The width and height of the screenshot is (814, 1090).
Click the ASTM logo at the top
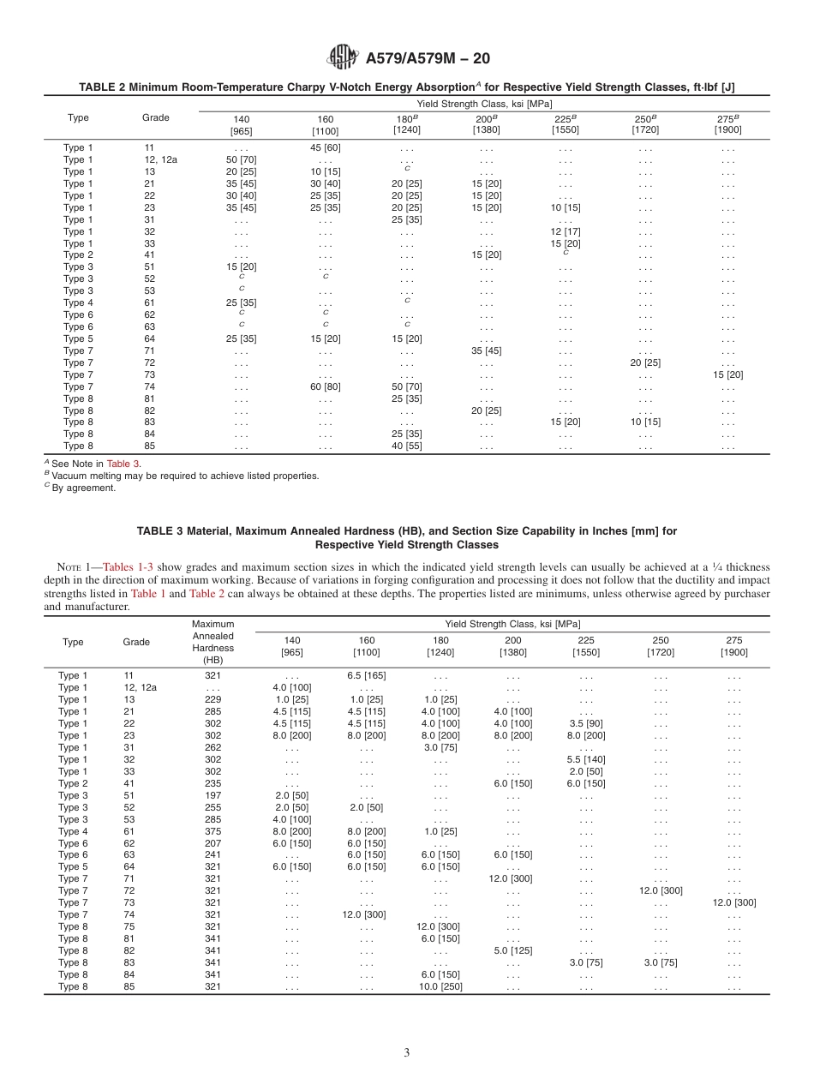pos(343,57)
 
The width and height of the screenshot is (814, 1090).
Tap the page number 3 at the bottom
pos(407,1052)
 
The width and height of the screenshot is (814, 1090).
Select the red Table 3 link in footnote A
pos(123,464)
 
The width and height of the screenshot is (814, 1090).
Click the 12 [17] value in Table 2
pos(565,231)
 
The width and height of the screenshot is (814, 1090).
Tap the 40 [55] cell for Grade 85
pos(406,446)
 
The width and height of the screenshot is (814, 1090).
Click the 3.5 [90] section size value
pos(586,723)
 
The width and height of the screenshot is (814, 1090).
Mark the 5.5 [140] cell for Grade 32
pos(586,759)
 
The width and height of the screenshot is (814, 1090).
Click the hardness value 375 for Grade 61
pos(212,831)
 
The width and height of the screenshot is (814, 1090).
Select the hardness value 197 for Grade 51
pos(212,795)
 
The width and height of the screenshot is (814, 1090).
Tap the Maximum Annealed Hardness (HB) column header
pos(212,642)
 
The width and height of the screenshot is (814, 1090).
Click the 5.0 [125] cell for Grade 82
pos(513,950)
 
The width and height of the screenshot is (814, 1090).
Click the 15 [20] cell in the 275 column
pos(727,374)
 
